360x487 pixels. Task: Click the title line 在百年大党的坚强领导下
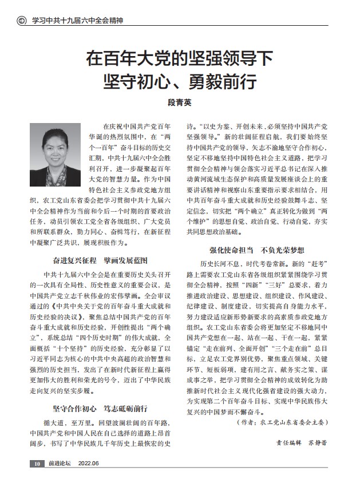179,58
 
